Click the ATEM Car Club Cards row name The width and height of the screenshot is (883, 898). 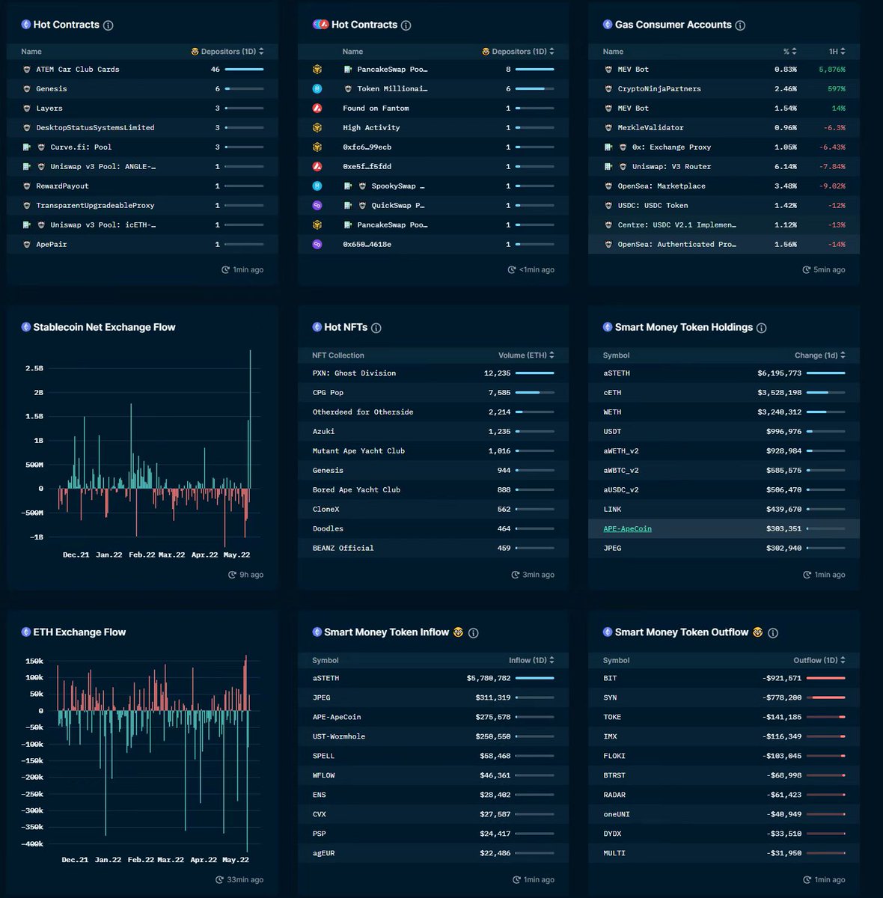coord(77,70)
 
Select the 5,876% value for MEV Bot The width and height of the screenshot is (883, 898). coord(831,70)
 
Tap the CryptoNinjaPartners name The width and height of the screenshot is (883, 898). coord(659,88)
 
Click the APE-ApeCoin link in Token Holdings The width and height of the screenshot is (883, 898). coord(627,528)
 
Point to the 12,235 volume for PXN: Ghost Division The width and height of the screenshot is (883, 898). coord(497,373)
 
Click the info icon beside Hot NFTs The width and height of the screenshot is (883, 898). coord(376,328)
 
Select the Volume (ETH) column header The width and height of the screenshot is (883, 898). coord(522,355)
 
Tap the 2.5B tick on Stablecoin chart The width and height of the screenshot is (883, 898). coord(34,368)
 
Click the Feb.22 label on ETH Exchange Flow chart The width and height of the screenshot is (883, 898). coord(141,859)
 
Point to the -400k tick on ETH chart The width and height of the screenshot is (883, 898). coord(31,843)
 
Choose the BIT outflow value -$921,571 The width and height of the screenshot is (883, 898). coord(781,678)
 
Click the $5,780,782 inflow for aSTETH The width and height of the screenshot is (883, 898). coord(488,678)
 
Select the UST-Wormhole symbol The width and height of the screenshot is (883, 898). coord(338,736)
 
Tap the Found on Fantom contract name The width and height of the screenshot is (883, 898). coord(376,108)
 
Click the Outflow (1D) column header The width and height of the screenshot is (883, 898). coord(816,660)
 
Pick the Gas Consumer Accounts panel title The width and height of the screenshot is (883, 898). coord(673,25)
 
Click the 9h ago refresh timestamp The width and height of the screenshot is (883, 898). coord(251,575)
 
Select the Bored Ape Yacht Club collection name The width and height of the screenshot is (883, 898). coord(356,489)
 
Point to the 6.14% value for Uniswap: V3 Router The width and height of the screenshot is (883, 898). coord(785,166)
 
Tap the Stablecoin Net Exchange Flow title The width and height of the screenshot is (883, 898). coord(104,327)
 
